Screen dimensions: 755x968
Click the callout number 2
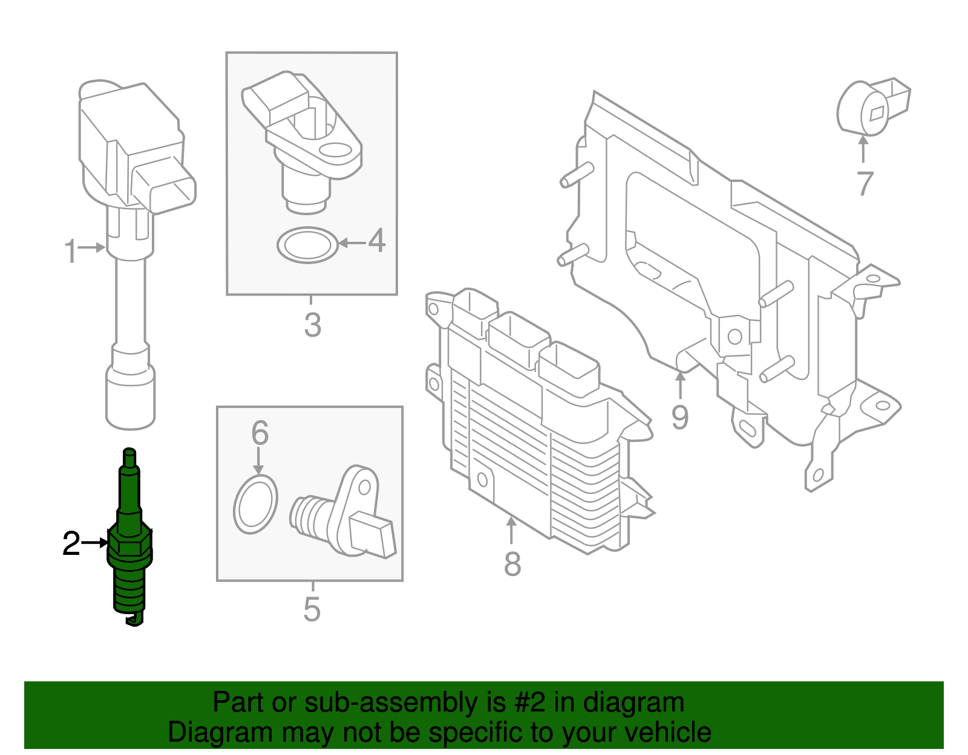[x=71, y=544]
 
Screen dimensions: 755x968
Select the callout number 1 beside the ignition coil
[x=71, y=251]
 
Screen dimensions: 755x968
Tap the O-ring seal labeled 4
[x=307, y=245]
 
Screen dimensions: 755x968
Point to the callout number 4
[x=377, y=241]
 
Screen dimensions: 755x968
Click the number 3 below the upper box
[x=312, y=325]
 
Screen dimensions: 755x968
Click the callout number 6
[x=260, y=433]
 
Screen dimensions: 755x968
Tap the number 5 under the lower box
[x=312, y=609]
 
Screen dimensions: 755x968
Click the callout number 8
[x=512, y=564]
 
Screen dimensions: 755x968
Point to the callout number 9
[x=680, y=418]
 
